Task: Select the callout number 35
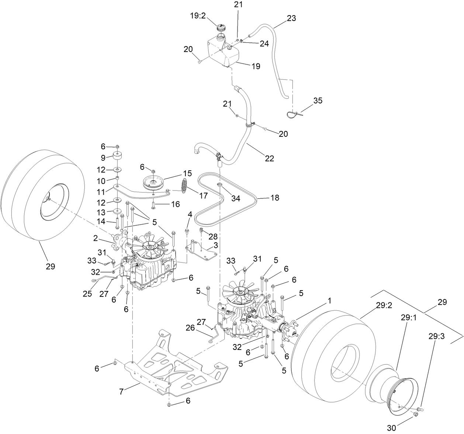click(318, 100)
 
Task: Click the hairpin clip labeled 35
click(294, 114)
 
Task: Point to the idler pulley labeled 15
click(153, 183)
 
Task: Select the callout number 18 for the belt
click(274, 198)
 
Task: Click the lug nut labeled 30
click(415, 415)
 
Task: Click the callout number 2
click(95, 239)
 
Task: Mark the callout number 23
click(291, 18)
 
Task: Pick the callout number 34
click(236, 198)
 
